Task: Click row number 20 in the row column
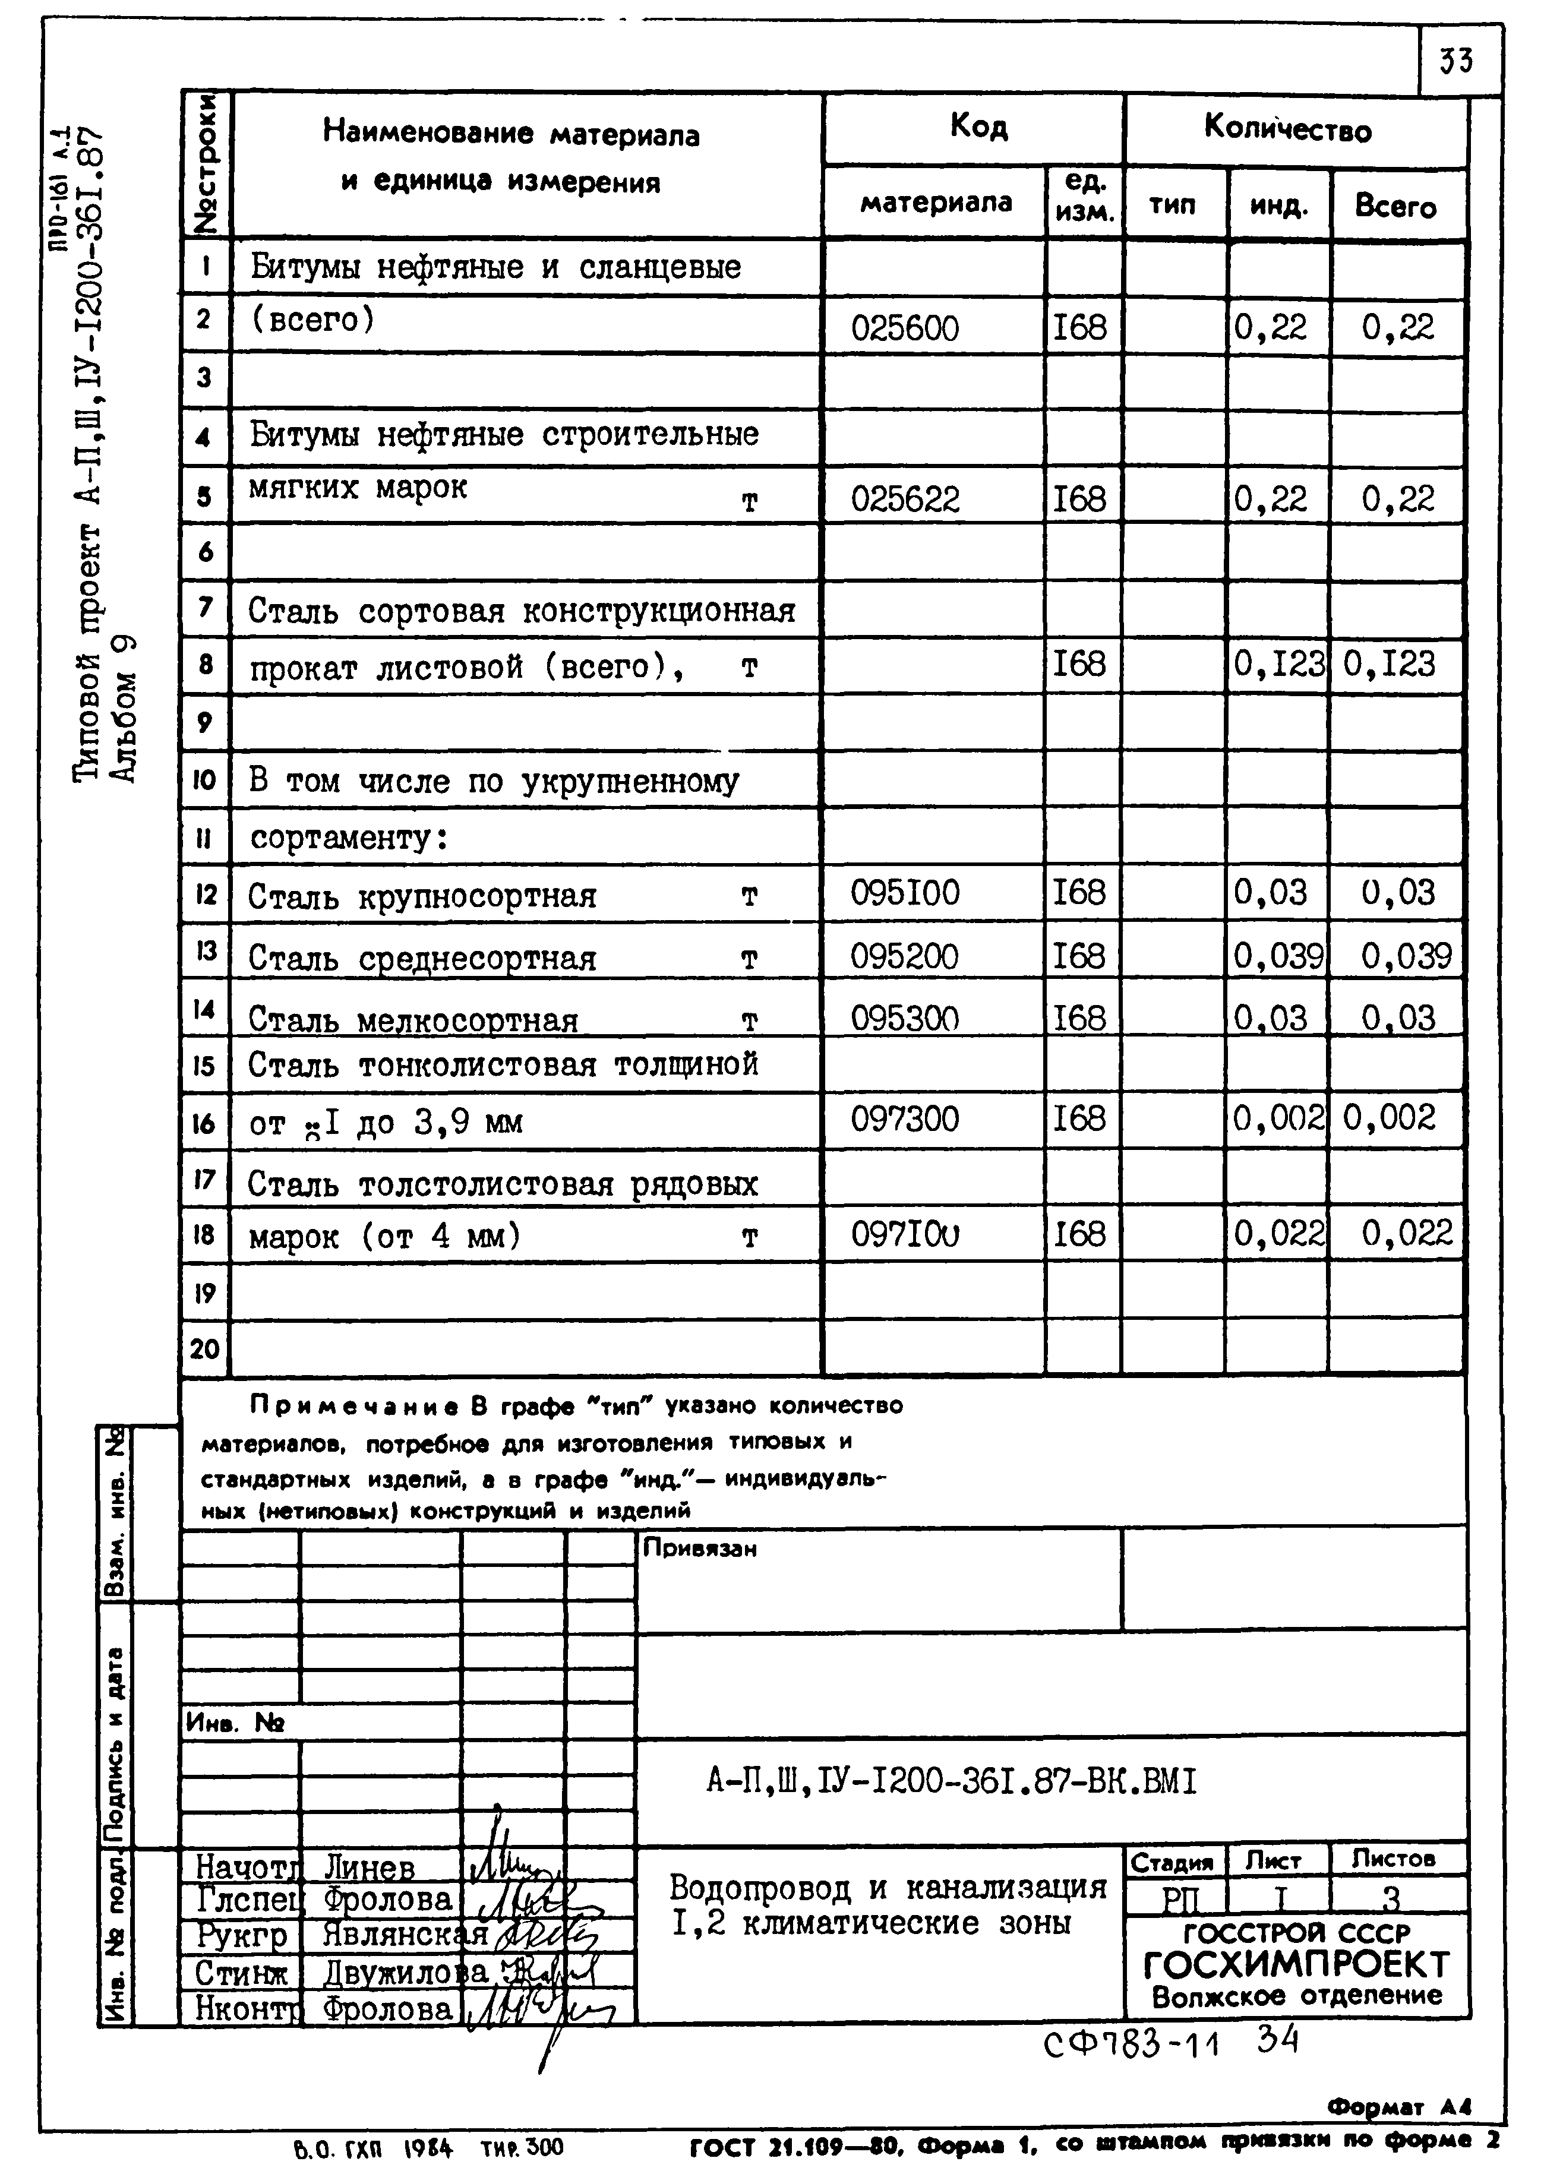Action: [x=204, y=1349]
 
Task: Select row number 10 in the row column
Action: [x=204, y=781]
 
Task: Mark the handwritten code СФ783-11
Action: [x=1131, y=2042]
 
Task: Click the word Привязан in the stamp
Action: [x=700, y=1549]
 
